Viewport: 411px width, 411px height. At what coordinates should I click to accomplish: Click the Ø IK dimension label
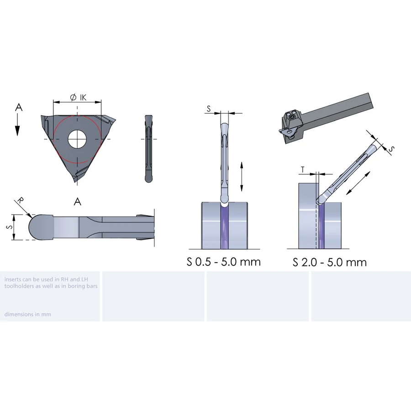click(79, 98)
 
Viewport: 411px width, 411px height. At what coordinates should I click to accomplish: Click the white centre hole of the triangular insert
click(77, 139)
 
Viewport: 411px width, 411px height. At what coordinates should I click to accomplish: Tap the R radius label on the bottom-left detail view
click(20, 200)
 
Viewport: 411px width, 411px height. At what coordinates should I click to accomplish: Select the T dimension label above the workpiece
click(303, 169)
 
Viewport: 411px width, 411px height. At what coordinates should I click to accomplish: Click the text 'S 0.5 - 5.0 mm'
click(224, 262)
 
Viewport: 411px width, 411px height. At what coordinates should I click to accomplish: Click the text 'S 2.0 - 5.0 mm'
click(329, 262)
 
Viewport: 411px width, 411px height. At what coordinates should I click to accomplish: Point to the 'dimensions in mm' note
click(28, 314)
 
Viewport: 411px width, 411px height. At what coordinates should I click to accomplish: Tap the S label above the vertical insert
click(209, 109)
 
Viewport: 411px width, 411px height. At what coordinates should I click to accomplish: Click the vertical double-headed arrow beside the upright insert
click(242, 176)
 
